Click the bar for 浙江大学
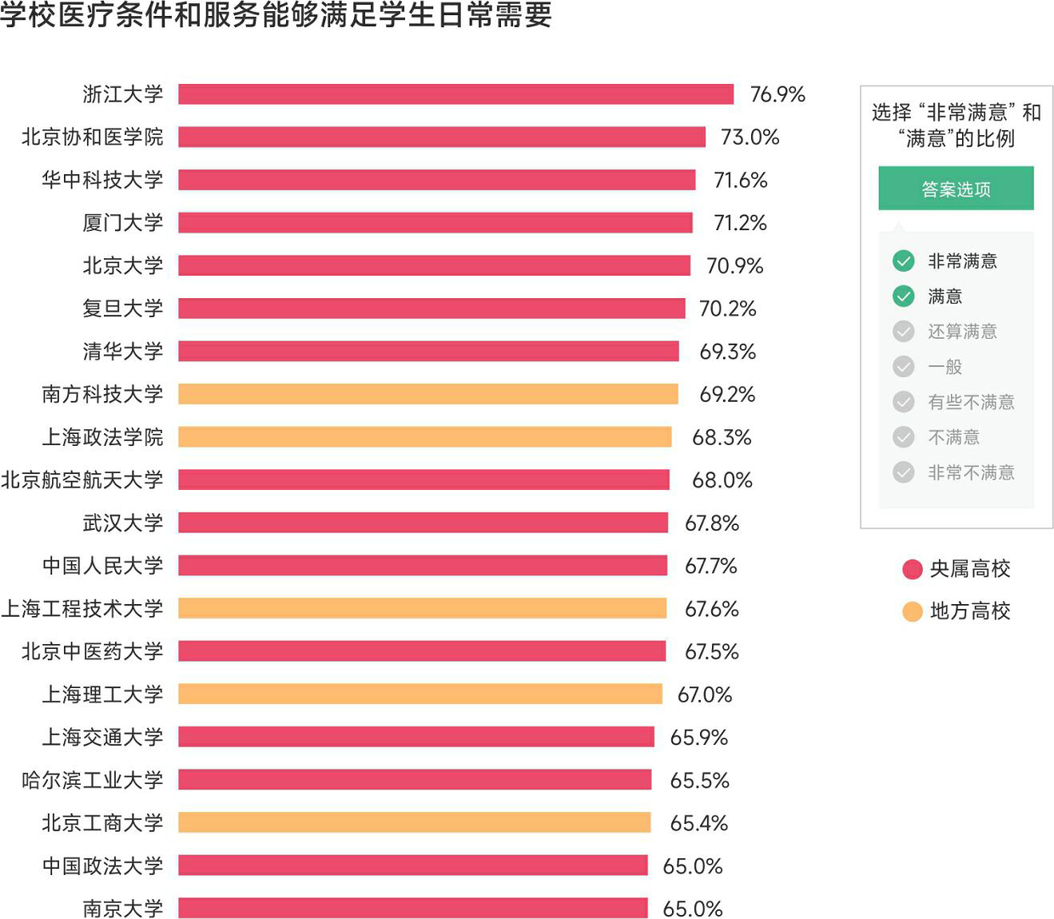[455, 94]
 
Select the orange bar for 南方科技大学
[428, 394]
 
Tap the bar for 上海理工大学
[420, 694]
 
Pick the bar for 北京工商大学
[414, 822]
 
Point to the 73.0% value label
[750, 137]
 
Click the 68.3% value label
[722, 437]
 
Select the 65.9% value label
[698, 737]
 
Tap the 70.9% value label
[734, 265]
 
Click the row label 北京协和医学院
[93, 137]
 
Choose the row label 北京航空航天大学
[82, 479]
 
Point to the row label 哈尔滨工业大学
[93, 780]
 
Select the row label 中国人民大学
[103, 566]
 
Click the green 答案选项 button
[956, 189]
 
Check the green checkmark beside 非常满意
[903, 261]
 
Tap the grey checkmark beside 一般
[903, 367]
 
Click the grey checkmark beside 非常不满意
[903, 472]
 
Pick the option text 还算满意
[962, 332]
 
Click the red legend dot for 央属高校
[912, 569]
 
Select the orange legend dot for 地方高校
[912, 611]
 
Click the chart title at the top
[276, 14]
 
